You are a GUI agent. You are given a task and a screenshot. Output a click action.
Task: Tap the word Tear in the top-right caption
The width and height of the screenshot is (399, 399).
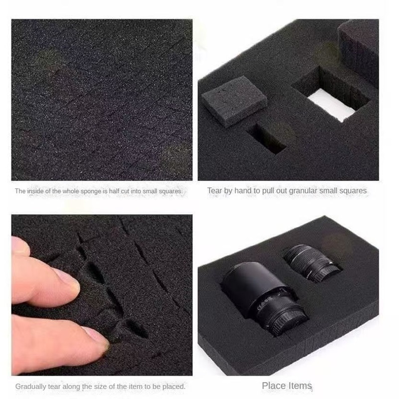(214, 191)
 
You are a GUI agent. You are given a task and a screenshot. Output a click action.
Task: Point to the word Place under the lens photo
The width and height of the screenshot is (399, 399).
(273, 386)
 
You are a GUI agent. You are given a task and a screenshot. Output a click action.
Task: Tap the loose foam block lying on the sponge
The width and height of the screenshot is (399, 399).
(234, 101)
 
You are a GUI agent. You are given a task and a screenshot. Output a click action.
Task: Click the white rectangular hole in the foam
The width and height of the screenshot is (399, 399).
(331, 104)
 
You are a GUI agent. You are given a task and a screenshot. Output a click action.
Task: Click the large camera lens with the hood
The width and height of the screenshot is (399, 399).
(265, 298)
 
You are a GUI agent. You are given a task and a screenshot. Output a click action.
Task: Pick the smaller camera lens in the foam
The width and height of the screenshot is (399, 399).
(311, 263)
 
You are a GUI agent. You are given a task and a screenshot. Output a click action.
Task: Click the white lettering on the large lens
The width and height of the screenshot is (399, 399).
(265, 303)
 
